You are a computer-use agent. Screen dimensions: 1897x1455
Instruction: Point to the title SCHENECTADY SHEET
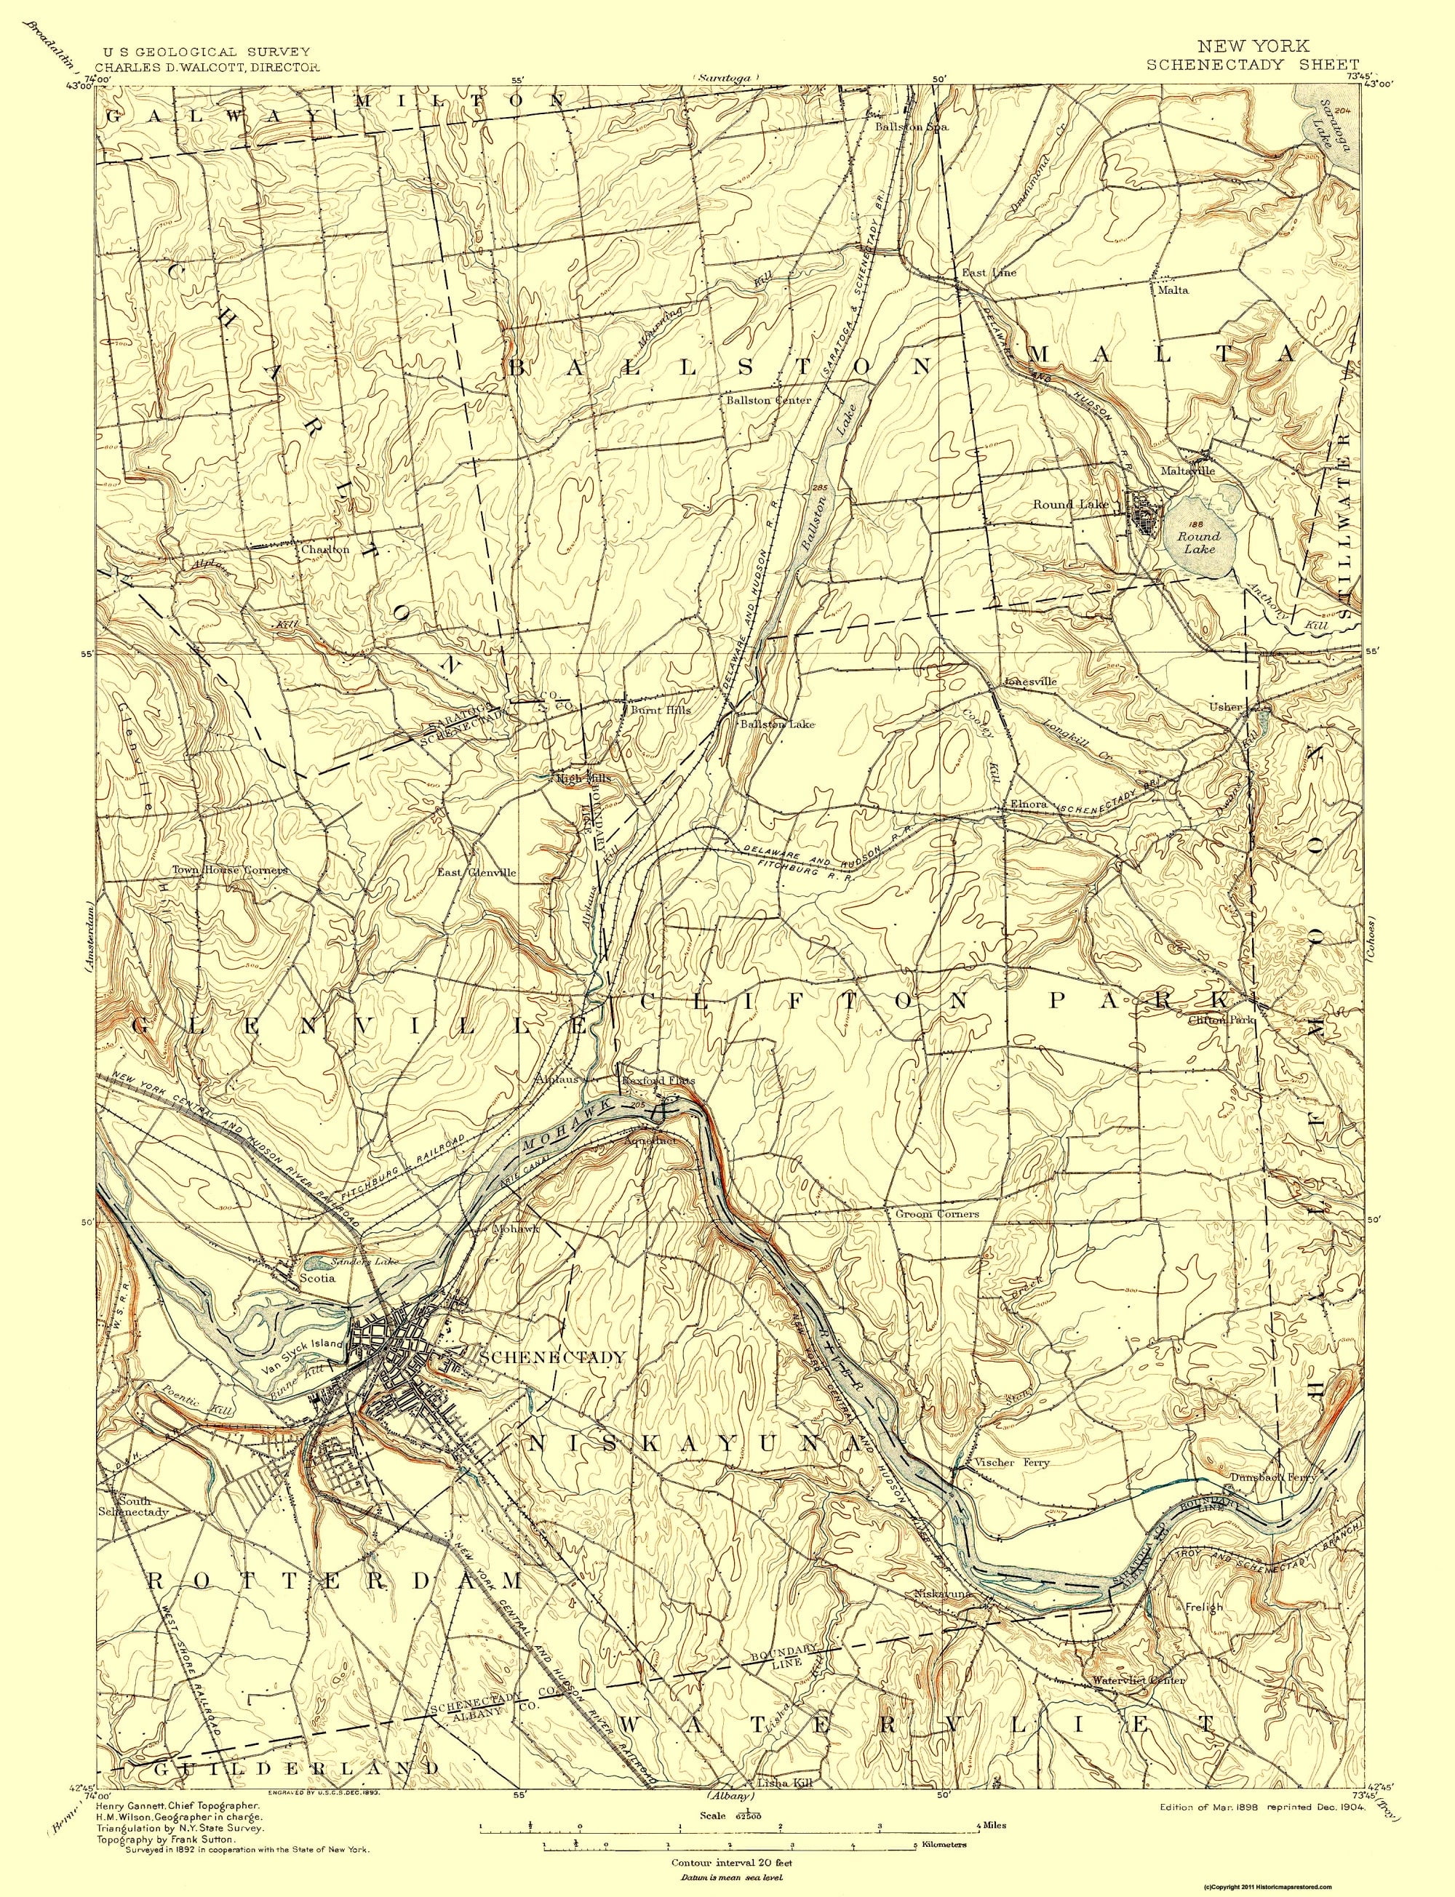coord(1252,64)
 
